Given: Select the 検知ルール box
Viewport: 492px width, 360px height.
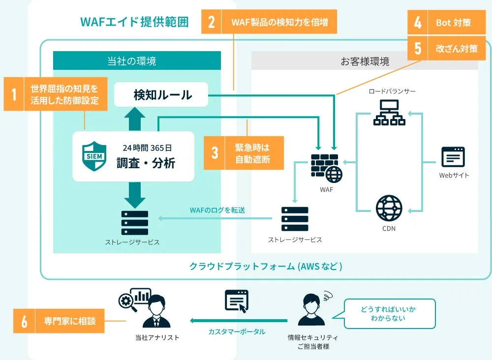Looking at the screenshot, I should tap(162, 94).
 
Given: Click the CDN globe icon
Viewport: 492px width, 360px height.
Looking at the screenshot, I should tap(389, 208).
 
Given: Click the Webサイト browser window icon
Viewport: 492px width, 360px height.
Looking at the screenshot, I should tap(453, 157).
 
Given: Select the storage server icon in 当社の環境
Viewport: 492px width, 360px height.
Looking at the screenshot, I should tap(134, 223).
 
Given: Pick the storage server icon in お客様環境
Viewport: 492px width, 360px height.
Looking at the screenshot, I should tap(295, 219).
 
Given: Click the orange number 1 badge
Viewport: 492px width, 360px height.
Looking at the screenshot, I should tap(14, 93).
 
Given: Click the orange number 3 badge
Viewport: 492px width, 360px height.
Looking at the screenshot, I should tap(215, 152).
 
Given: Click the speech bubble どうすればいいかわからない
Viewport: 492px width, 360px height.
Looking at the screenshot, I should tap(389, 313).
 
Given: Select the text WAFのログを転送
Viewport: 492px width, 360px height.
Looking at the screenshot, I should tap(217, 210).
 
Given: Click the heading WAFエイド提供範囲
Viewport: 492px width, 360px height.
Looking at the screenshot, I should tap(134, 22).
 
